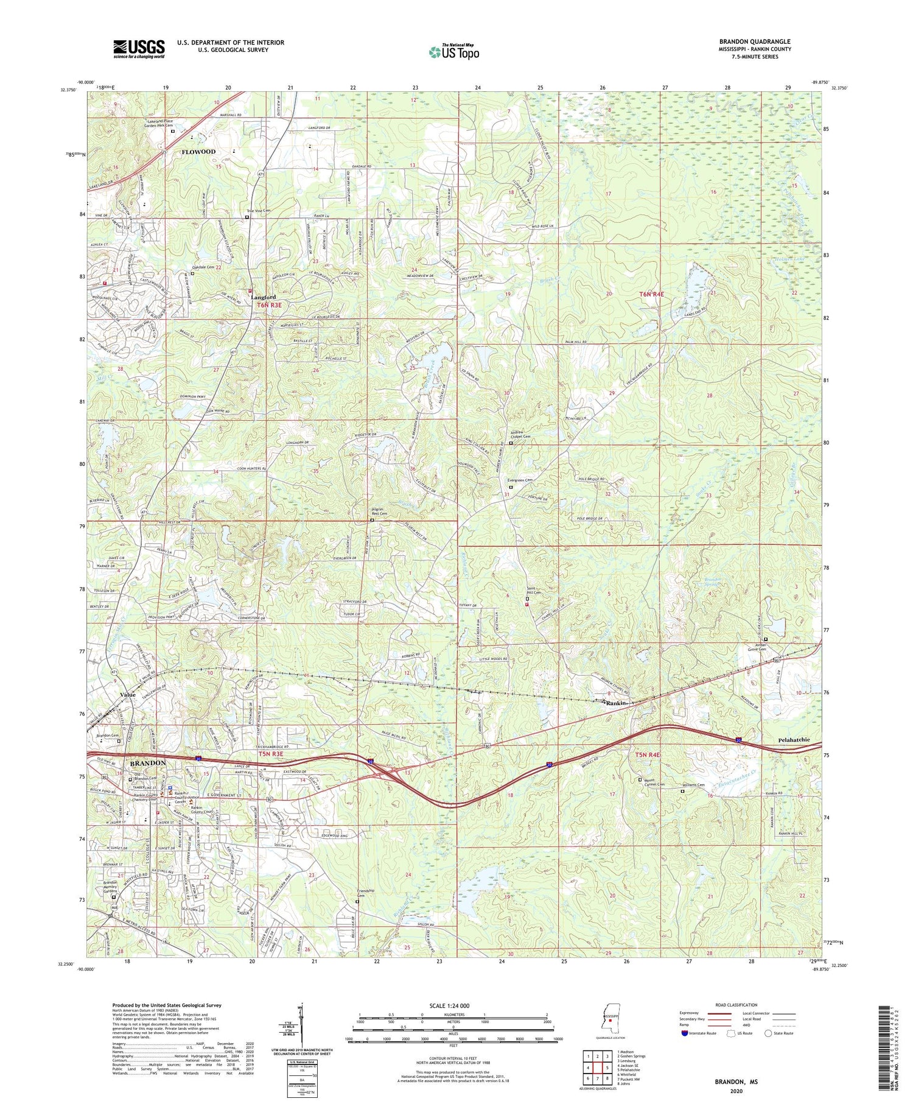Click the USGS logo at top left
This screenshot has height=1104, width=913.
[139, 49]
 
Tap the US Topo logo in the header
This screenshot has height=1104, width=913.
[453, 52]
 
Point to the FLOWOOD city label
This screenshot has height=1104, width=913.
[198, 152]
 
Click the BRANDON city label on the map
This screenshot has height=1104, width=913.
[146, 763]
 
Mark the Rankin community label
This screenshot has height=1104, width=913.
[616, 703]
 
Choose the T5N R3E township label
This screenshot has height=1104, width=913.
[271, 754]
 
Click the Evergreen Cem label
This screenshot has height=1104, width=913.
[520, 480]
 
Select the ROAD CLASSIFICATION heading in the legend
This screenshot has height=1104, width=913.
[732, 1005]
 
